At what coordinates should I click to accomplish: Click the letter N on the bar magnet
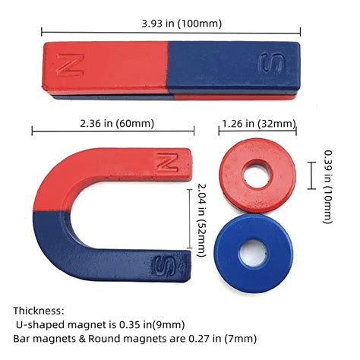click(x=73, y=65)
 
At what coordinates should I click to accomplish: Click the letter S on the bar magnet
click(x=272, y=65)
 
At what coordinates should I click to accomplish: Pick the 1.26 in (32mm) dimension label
click(x=258, y=124)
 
